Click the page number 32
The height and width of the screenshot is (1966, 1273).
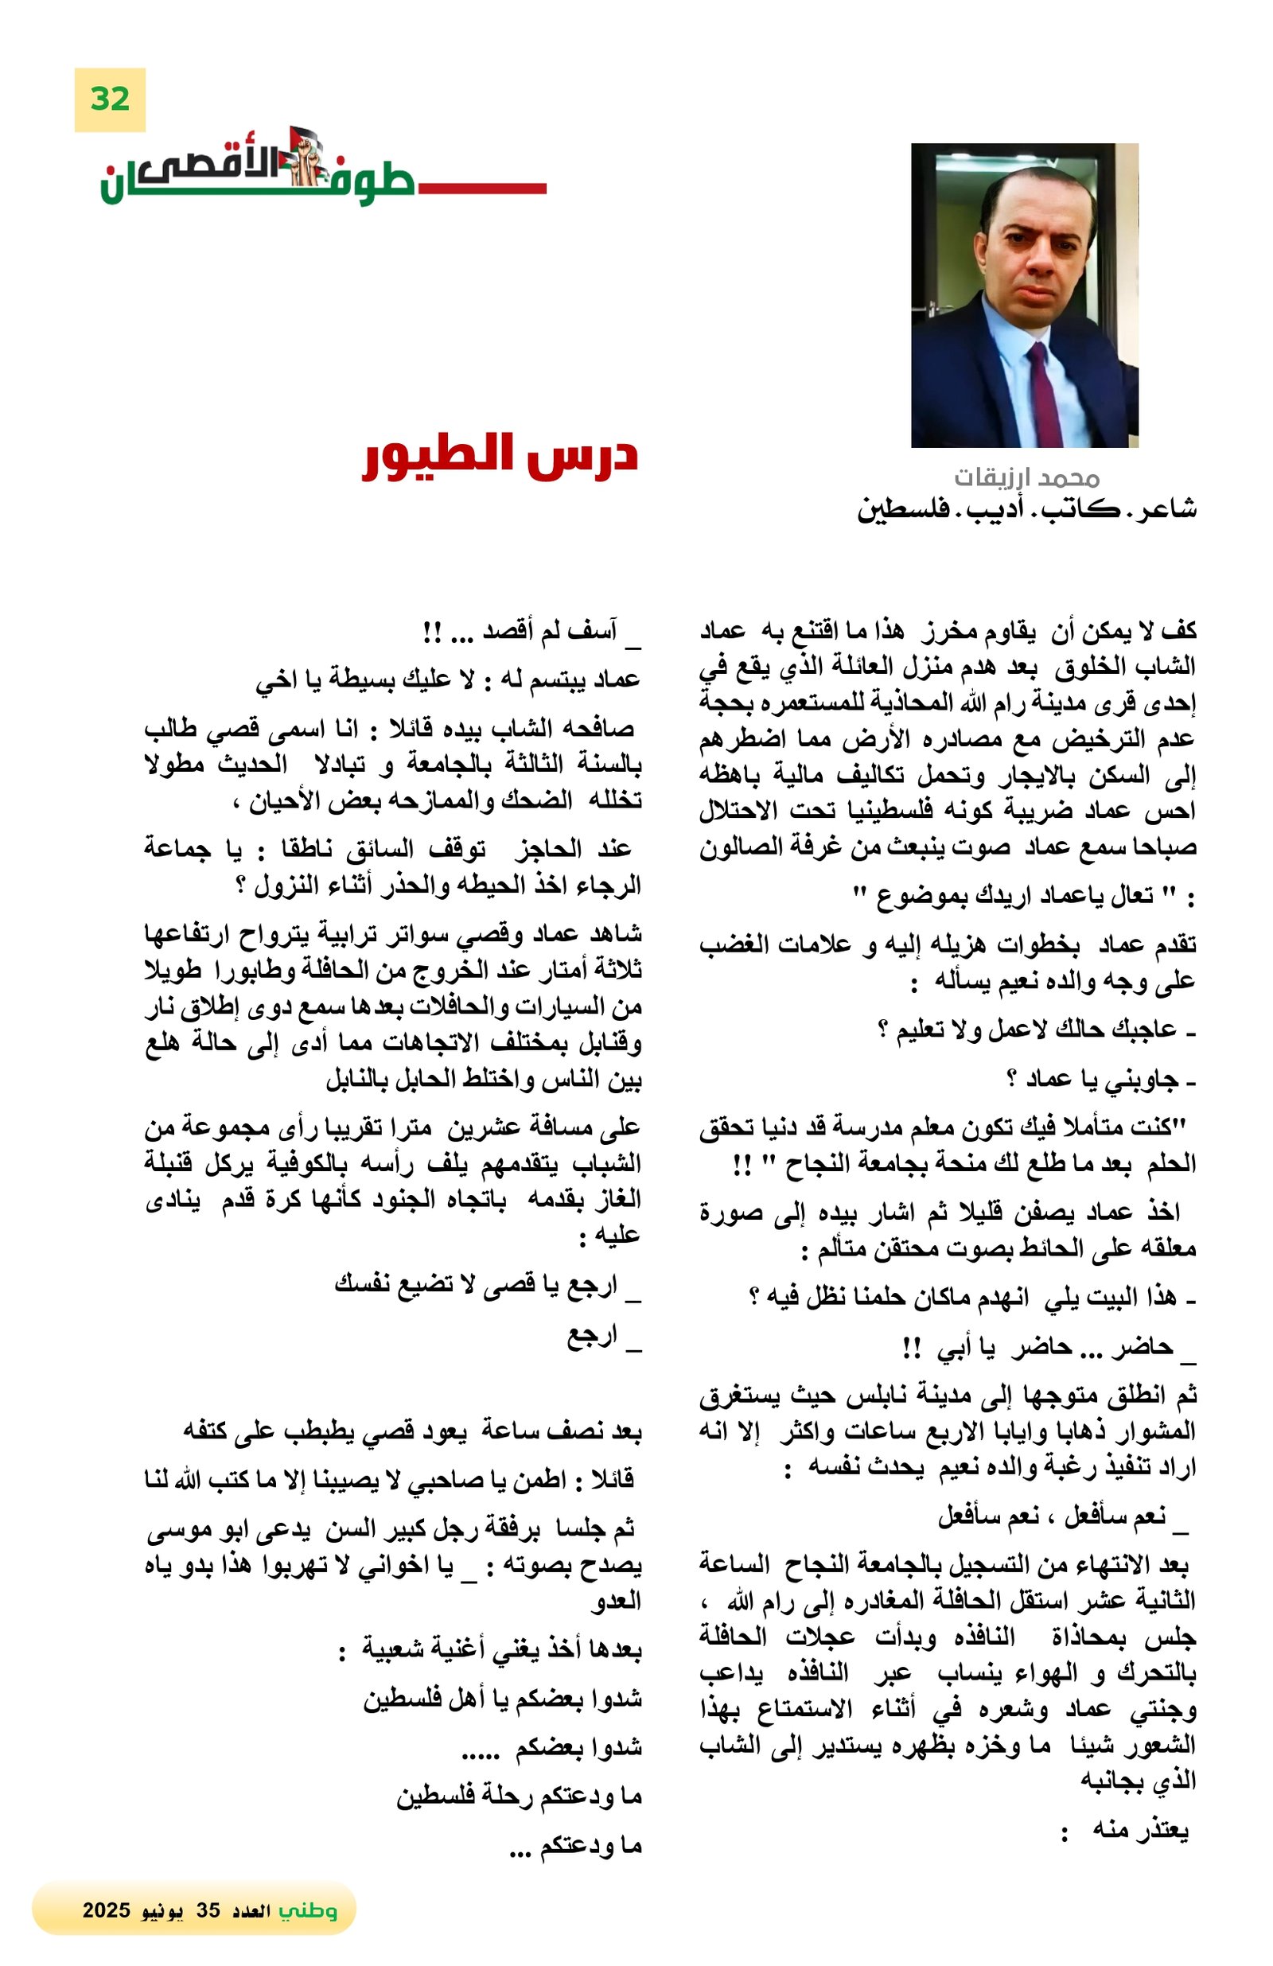point(110,99)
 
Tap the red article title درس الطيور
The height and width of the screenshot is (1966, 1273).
point(500,455)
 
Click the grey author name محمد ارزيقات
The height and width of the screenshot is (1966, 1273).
point(1026,477)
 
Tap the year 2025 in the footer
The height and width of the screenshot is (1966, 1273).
point(107,1910)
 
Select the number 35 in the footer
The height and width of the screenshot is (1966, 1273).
point(208,1910)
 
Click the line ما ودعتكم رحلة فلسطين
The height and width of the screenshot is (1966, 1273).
point(518,1797)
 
